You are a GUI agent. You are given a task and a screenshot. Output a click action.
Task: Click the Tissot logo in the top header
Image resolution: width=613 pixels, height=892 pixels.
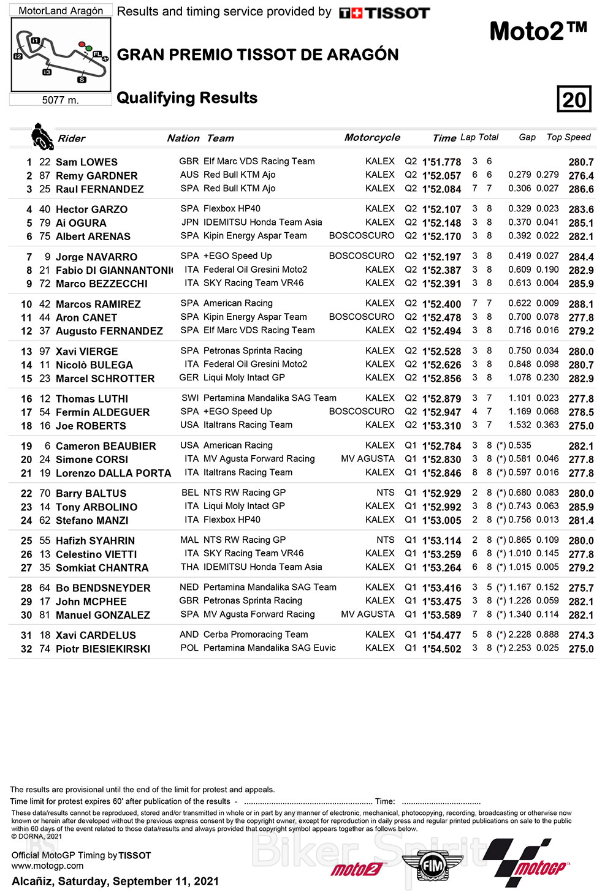pyautogui.click(x=384, y=13)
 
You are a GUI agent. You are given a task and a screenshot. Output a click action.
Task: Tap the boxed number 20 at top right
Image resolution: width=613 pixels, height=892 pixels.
pyautogui.click(x=574, y=99)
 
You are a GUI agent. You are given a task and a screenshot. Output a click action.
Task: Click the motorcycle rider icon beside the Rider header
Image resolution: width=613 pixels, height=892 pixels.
pyautogui.click(x=42, y=137)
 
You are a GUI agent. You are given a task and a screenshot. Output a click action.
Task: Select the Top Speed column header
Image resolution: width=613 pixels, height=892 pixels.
pyautogui.click(x=568, y=137)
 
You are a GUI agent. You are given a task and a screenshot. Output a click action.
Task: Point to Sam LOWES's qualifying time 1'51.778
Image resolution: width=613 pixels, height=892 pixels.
pyautogui.click(x=441, y=162)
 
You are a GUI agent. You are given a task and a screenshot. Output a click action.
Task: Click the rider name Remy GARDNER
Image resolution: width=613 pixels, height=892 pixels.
pyautogui.click(x=96, y=176)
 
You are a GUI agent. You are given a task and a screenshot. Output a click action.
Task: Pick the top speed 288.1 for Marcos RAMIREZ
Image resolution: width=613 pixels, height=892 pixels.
pyautogui.click(x=581, y=304)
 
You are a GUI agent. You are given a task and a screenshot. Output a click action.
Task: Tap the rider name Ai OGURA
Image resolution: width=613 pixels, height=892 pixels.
pyautogui.click(x=81, y=223)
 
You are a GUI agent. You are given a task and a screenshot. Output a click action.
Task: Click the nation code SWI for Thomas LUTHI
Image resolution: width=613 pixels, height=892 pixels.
pyautogui.click(x=190, y=398)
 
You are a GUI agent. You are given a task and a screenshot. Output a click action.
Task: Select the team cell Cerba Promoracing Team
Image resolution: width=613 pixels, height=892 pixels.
pyautogui.click(x=256, y=635)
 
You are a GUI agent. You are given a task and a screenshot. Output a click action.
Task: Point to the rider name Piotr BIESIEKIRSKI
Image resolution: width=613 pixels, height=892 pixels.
pyautogui.click(x=102, y=649)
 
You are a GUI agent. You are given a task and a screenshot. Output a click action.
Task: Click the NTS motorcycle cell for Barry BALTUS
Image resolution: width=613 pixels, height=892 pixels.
pyautogui.click(x=385, y=493)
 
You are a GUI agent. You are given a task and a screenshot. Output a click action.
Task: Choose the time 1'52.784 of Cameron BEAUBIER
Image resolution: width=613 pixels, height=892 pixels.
pyautogui.click(x=441, y=446)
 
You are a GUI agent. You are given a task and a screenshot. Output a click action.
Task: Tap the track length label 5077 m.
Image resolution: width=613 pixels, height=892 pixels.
pyautogui.click(x=60, y=100)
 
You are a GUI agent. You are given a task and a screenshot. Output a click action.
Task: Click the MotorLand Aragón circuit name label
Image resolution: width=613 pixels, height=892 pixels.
pyautogui.click(x=61, y=10)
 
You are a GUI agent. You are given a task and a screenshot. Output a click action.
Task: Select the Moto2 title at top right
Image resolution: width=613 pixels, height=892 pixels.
pyautogui.click(x=538, y=31)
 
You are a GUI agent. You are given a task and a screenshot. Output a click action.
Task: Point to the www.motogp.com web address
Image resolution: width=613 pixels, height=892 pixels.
pyautogui.click(x=47, y=866)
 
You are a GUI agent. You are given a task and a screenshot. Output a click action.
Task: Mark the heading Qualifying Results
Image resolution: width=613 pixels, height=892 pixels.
pyautogui.click(x=187, y=98)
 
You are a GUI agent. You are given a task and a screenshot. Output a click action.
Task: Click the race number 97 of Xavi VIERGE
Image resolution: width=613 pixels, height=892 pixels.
pyautogui.click(x=45, y=352)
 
